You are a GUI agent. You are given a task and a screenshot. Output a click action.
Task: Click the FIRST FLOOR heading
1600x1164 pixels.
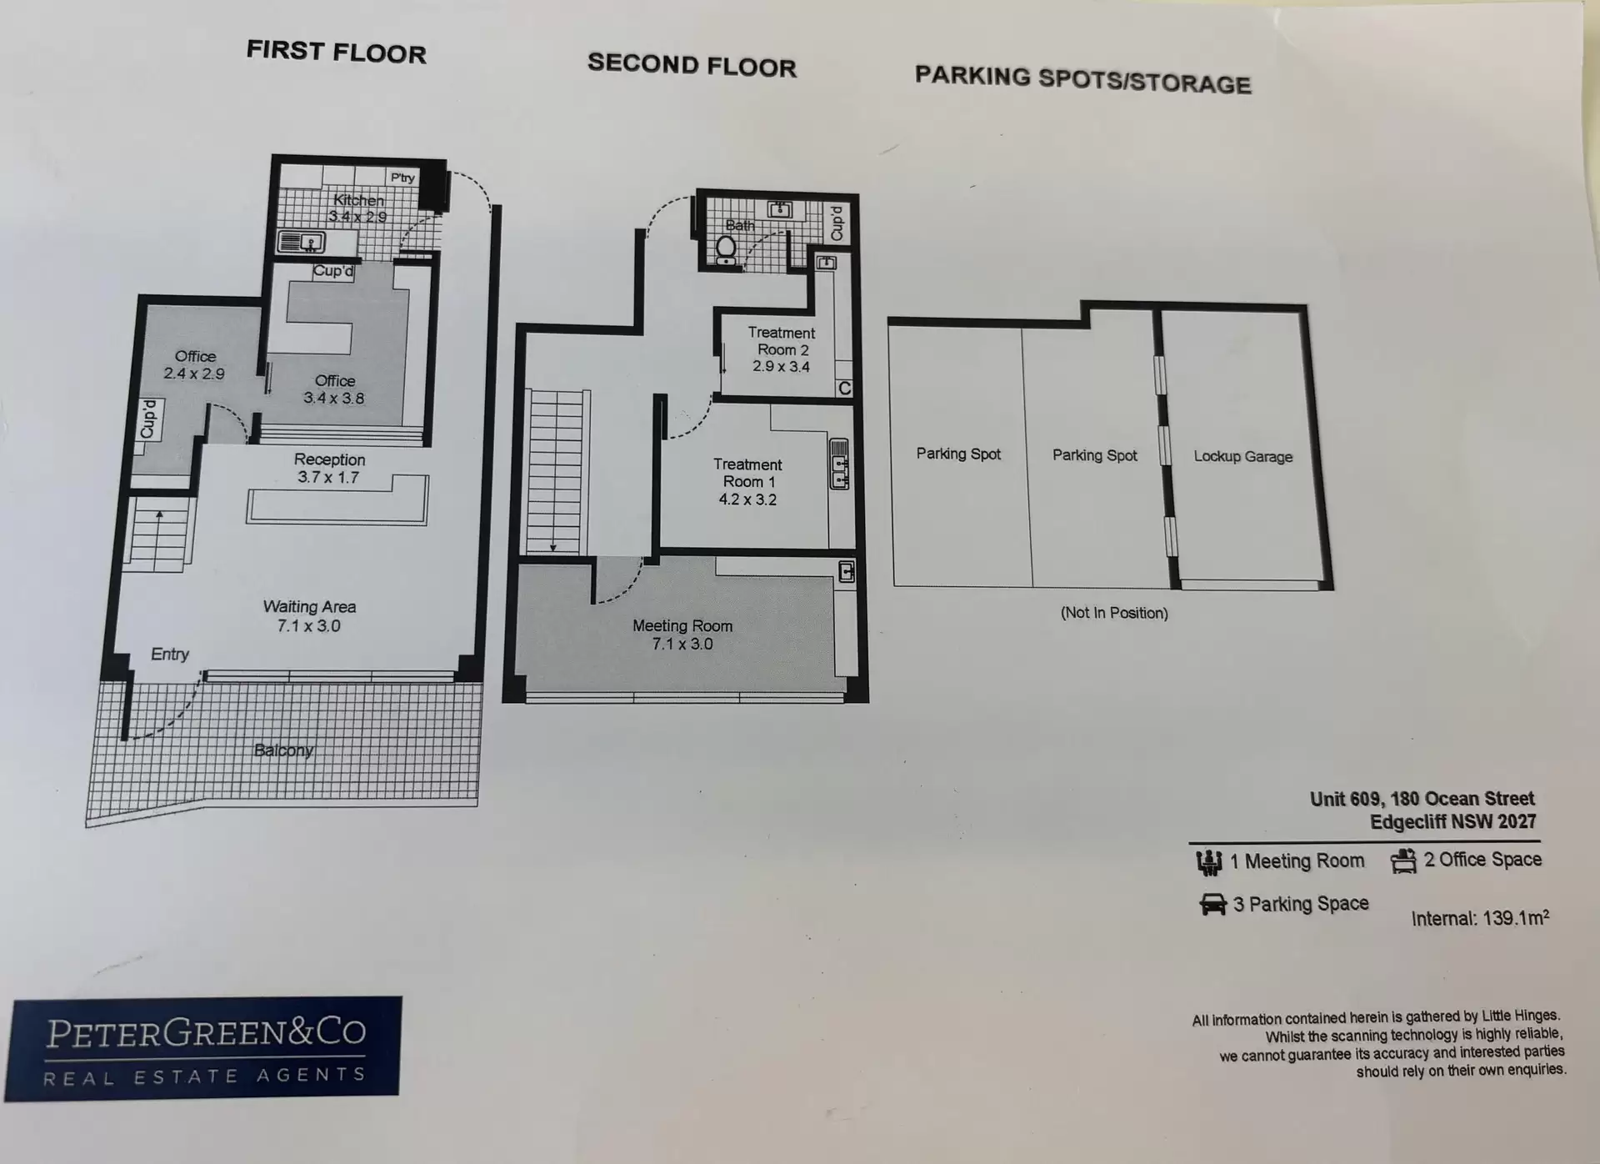(336, 52)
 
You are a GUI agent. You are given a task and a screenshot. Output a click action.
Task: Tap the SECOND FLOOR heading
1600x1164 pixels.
(692, 65)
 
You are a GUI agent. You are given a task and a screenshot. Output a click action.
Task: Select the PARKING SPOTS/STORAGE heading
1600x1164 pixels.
(1082, 80)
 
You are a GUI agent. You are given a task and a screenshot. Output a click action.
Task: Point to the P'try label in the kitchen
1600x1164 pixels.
(402, 178)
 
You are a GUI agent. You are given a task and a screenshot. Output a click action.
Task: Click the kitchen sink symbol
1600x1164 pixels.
(302, 243)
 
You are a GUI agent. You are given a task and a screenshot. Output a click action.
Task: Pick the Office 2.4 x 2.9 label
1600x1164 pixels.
(194, 365)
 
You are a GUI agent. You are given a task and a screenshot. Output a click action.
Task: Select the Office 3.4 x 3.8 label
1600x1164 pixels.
(334, 389)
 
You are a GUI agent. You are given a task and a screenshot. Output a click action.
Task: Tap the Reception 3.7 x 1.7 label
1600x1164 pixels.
(329, 468)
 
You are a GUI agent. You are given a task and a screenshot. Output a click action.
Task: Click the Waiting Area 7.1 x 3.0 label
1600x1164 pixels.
(309, 616)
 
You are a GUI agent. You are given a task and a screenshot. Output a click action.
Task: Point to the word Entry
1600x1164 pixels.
(170, 655)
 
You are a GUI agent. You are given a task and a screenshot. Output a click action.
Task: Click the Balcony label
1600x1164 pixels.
(283, 750)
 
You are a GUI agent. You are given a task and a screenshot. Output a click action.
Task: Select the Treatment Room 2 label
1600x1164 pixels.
(782, 349)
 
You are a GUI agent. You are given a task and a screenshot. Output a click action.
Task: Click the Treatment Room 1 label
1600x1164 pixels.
(747, 482)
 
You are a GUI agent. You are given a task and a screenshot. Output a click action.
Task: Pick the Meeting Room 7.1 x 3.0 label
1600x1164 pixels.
(682, 635)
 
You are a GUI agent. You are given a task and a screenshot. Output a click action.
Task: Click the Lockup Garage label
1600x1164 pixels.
(1243, 456)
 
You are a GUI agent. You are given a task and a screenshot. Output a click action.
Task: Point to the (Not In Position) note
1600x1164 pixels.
(1114, 613)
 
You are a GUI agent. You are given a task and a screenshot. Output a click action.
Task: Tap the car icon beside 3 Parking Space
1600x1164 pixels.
(1212, 905)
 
